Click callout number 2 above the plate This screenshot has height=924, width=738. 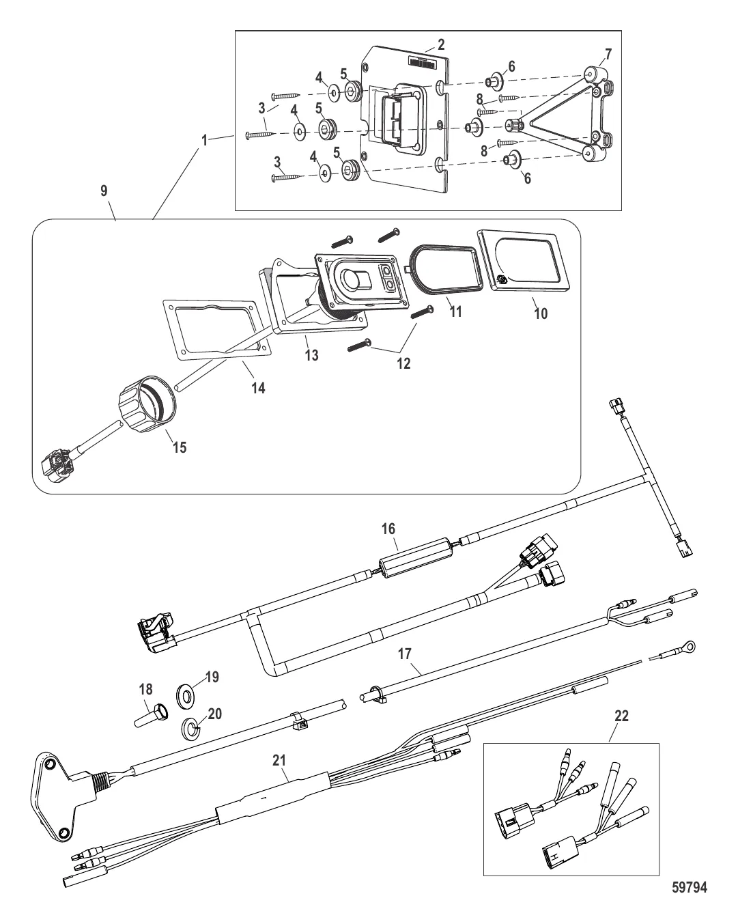(x=441, y=44)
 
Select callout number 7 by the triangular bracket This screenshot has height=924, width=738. (x=608, y=55)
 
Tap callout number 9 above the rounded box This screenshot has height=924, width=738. (x=104, y=191)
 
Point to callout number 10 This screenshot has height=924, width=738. (x=541, y=313)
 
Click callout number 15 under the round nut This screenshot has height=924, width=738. (x=180, y=447)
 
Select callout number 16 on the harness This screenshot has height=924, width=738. (x=388, y=529)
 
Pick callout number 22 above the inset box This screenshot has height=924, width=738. (x=621, y=716)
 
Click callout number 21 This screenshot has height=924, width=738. (x=279, y=760)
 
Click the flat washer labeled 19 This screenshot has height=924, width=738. (x=186, y=695)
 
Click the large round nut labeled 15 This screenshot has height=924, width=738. (x=146, y=404)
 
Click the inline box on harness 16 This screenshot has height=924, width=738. (x=414, y=557)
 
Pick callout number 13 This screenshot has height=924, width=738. (x=312, y=356)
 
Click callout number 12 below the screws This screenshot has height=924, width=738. (x=403, y=364)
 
